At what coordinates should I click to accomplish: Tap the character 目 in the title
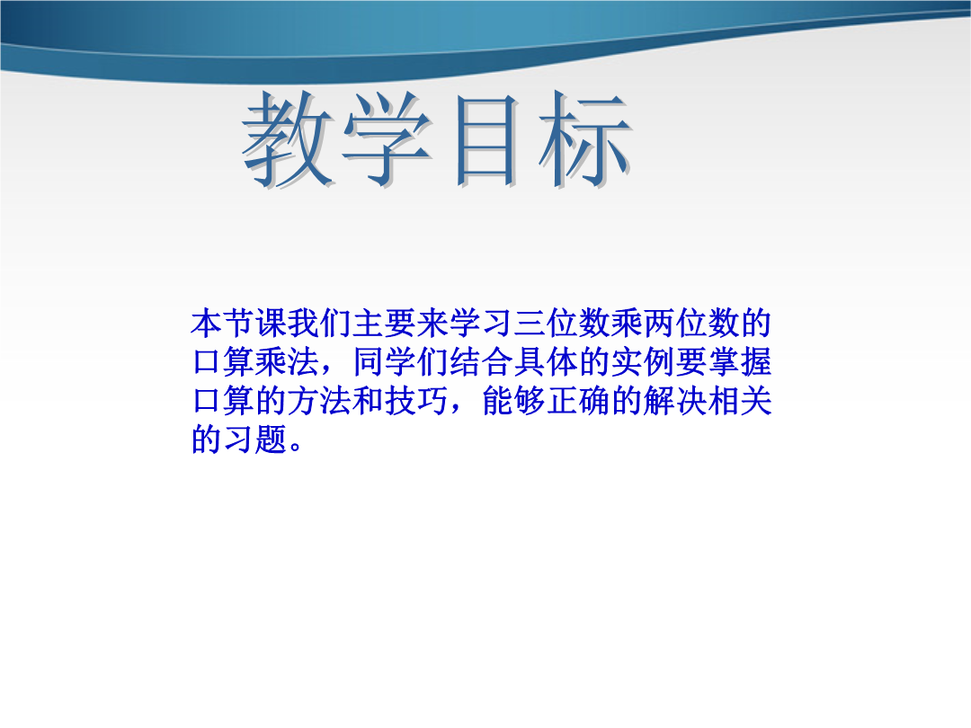point(486,140)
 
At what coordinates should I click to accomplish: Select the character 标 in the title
point(585,138)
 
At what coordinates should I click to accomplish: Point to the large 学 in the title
point(388,140)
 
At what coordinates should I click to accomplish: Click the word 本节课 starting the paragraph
point(239,324)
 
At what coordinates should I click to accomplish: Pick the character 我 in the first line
point(304,324)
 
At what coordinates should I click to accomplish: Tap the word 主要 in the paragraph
point(384,324)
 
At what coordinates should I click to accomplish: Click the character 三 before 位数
point(530,324)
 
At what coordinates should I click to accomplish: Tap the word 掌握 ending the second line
point(739,362)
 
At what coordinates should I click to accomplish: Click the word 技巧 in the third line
point(416,401)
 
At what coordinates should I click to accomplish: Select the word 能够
point(512,401)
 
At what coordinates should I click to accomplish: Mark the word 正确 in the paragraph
point(578,401)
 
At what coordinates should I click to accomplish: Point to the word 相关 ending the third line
point(739,401)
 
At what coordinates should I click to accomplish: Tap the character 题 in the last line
point(272,439)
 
